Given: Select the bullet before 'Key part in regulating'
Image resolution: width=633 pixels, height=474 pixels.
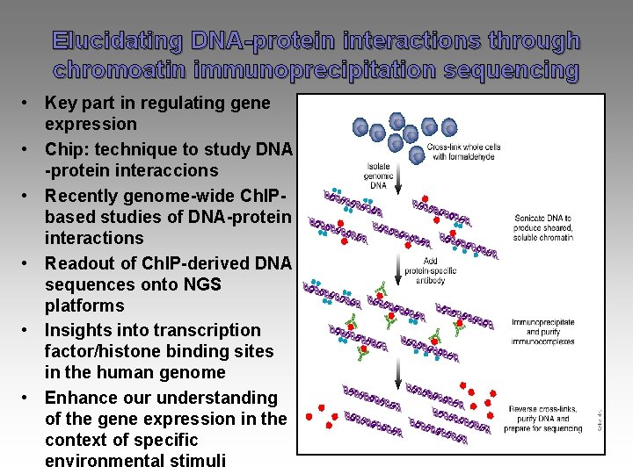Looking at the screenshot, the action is point(30,104).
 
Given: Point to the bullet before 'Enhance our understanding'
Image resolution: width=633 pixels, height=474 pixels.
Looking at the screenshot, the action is point(30,399).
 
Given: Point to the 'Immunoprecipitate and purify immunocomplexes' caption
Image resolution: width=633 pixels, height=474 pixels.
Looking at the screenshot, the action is point(543,332).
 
